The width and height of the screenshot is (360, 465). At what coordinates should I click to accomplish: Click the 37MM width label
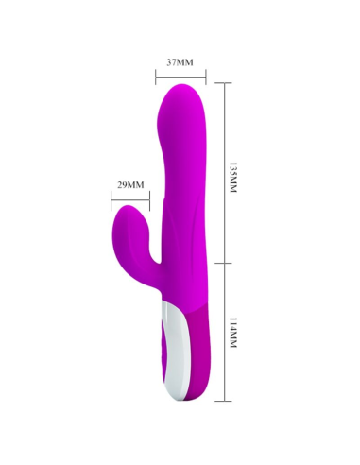point(180,61)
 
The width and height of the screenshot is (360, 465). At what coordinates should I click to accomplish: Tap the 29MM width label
point(130,184)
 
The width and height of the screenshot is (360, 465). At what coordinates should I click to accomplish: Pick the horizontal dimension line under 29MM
point(129,198)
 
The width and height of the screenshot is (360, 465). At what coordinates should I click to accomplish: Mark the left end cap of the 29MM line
point(111,198)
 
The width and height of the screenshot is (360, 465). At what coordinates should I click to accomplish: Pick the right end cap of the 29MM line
point(148,198)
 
